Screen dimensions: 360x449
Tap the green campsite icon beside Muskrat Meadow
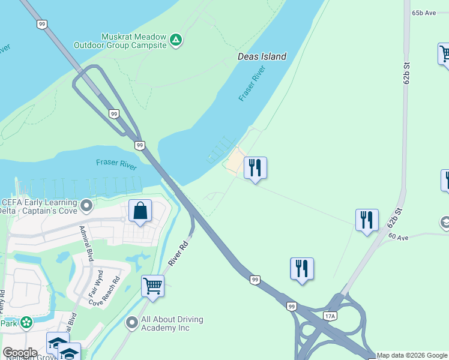[175, 40]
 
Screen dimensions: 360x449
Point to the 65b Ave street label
[424, 13]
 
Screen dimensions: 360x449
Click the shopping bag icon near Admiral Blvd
[140, 211]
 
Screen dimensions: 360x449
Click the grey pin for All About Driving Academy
[132, 323]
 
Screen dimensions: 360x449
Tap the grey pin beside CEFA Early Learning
[87, 206]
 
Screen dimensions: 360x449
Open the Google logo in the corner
[20, 353]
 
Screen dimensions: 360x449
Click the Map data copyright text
[412, 355]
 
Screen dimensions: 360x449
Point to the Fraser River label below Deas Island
[252, 83]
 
